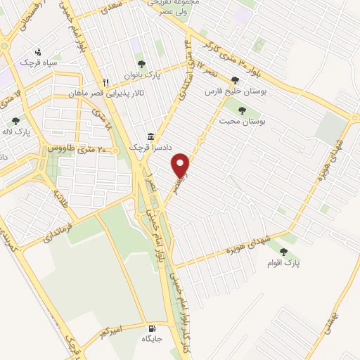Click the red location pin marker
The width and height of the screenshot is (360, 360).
[181, 165]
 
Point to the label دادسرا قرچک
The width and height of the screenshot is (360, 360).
[150, 148]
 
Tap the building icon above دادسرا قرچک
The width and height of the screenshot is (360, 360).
[150, 136]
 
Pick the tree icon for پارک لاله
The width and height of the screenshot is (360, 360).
[16, 121]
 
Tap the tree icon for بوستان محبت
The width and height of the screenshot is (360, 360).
[242, 110]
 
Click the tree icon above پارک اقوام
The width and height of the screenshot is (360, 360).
[283, 251]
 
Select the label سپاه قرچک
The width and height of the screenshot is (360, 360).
[39, 63]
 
